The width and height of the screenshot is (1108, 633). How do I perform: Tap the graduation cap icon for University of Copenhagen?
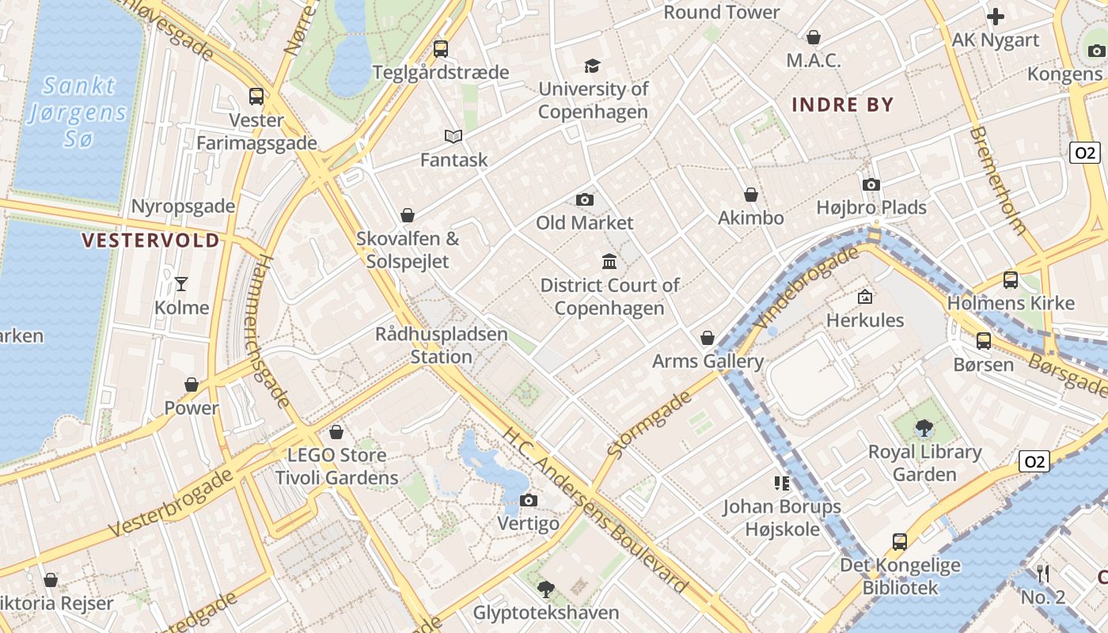pos(592,66)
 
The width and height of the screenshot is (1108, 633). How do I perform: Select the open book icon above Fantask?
pos(453,137)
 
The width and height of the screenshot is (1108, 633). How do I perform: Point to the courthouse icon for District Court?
pos(609,261)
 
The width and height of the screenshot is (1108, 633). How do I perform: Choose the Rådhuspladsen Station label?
pos(442,345)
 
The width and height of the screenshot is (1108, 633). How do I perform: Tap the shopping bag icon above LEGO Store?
pos(336,432)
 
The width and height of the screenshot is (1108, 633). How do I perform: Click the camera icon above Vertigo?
pos(529,500)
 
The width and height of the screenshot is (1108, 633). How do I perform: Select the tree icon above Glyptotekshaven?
pos(545,589)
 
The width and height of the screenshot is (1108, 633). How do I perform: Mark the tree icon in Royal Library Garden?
pos(924,429)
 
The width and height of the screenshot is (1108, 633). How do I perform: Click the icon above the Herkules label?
pos(865,298)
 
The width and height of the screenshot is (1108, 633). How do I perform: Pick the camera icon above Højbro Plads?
pos(871,184)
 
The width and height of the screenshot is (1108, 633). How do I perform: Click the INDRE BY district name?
pos(843,104)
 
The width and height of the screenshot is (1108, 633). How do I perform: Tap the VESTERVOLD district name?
pos(151,241)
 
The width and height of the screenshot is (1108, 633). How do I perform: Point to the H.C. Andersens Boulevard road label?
pos(594,510)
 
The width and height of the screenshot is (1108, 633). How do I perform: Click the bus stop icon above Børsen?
pos(984,341)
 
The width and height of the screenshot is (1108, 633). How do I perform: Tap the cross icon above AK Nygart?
pos(996,16)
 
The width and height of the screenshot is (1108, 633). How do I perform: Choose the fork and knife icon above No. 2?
pos(1043,574)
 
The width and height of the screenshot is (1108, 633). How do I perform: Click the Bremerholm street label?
pos(999,180)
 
